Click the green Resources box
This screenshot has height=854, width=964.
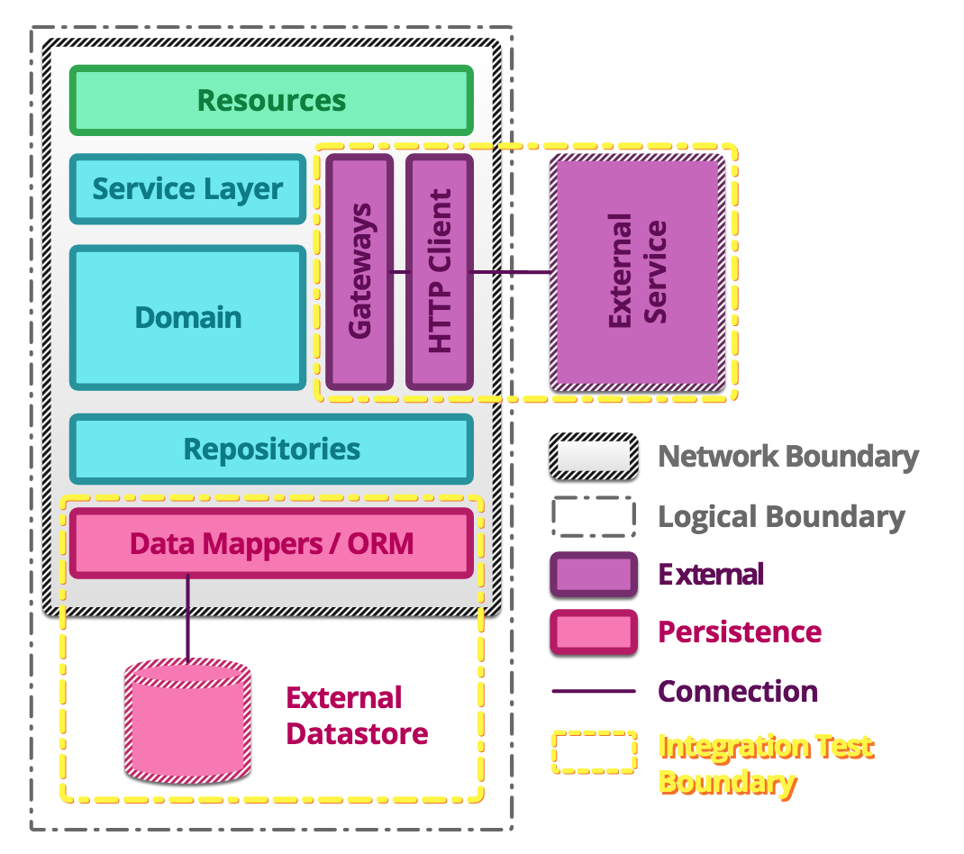pyautogui.click(x=271, y=100)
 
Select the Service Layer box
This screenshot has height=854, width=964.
pyautogui.click(x=188, y=189)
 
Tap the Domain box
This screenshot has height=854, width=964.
pyautogui.click(x=188, y=317)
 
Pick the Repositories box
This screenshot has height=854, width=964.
pyautogui.click(x=271, y=449)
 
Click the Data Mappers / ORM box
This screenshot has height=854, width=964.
pyautogui.click(x=271, y=543)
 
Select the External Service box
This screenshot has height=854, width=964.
pyautogui.click(x=638, y=270)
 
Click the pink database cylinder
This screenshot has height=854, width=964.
pyautogui.click(x=186, y=720)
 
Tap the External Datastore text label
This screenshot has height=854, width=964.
pyautogui.click(x=357, y=716)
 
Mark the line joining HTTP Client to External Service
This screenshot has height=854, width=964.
pyautogui.click(x=512, y=272)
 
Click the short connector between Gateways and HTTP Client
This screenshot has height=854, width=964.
pyautogui.click(x=400, y=271)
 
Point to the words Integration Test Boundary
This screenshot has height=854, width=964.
pyautogui.click(x=766, y=763)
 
